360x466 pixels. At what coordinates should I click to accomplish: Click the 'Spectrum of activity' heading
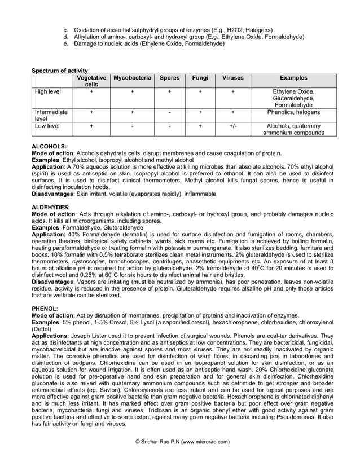pos(56,69)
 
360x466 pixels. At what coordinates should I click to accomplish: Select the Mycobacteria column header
pos(132,78)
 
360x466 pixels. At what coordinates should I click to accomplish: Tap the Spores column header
pos(169,78)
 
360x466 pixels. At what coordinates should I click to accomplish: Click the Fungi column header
pos(200,78)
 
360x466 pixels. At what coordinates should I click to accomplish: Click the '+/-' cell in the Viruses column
pos(233,126)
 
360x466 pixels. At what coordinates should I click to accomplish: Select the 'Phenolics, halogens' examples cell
pos(297,112)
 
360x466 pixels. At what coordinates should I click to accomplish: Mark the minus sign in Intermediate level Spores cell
pos(169,112)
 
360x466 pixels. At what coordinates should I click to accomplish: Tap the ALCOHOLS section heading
pos(49,146)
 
